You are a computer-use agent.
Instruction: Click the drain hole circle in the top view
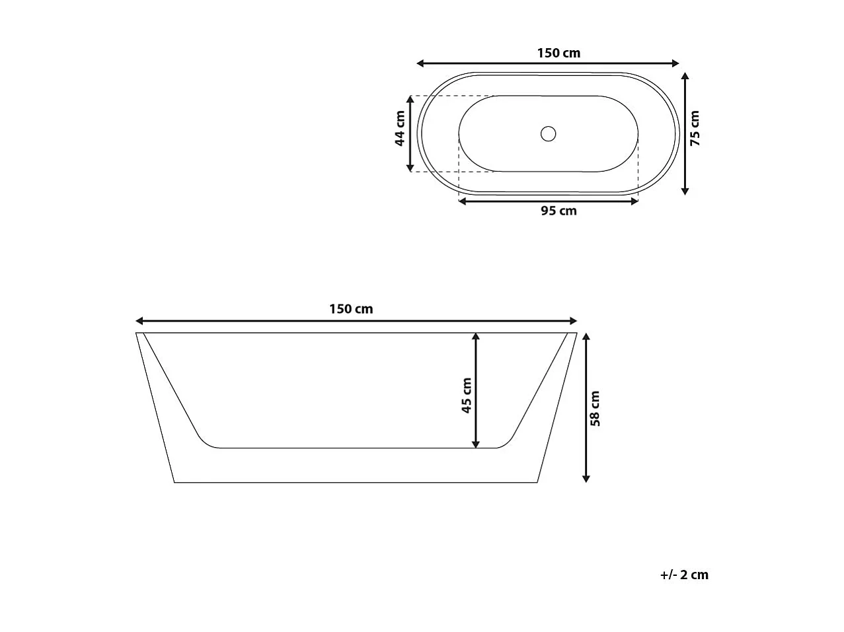click(x=548, y=133)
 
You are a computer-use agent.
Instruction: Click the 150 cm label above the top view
click(x=558, y=53)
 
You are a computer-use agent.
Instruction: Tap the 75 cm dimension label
click(x=695, y=128)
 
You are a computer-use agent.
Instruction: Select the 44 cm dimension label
click(x=399, y=129)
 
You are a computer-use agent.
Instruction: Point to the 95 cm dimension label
click(x=558, y=211)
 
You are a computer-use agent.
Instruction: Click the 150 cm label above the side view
click(x=351, y=309)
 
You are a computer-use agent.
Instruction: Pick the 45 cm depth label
click(x=467, y=396)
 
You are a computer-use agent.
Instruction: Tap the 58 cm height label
click(x=595, y=408)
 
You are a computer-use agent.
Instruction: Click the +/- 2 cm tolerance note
click(x=684, y=575)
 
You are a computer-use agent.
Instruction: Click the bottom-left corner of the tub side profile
click(x=174, y=482)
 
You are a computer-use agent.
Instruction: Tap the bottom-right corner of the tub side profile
click(x=536, y=482)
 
